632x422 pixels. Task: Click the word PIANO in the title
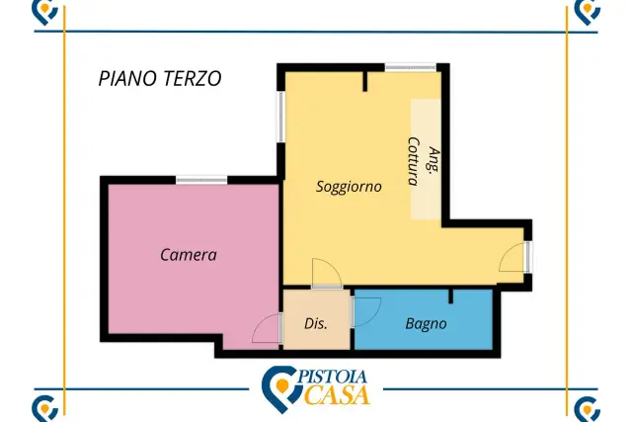click(124, 78)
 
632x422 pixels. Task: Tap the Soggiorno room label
click(349, 187)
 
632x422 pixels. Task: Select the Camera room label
click(189, 255)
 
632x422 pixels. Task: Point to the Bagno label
click(426, 324)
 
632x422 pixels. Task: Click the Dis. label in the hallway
click(316, 323)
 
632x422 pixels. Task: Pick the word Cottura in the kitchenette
click(414, 161)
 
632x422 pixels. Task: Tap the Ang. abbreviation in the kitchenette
click(434, 160)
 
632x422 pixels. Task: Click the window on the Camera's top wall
click(201, 180)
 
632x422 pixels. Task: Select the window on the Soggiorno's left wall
click(280, 117)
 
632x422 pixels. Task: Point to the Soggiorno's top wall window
click(411, 67)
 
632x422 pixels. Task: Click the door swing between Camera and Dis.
click(266, 328)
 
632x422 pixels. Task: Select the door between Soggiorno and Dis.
click(327, 274)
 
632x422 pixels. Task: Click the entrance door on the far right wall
click(515, 257)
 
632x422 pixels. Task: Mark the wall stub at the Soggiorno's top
click(365, 81)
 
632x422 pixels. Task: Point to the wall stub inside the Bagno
click(450, 296)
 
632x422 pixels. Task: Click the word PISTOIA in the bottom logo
click(333, 378)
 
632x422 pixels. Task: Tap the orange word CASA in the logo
click(337, 394)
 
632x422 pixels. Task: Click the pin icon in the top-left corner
click(44, 11)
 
